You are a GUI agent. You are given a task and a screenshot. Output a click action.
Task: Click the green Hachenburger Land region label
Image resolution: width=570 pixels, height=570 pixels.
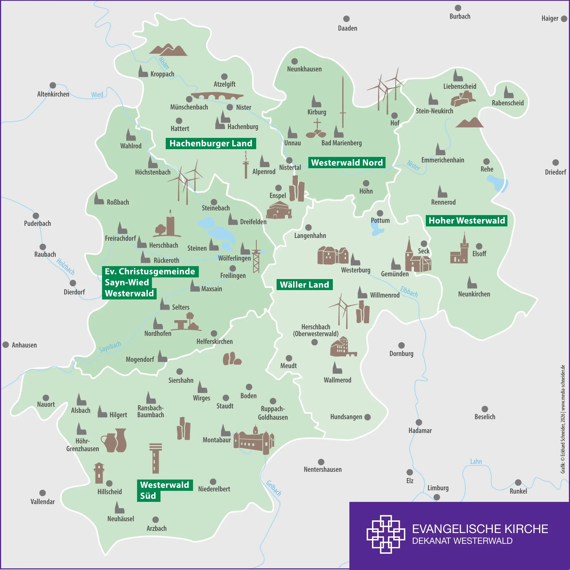[211, 143]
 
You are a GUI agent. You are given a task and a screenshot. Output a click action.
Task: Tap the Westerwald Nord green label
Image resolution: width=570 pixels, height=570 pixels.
[347, 163]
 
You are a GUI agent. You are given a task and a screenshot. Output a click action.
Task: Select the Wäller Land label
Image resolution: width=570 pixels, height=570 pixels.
[304, 285]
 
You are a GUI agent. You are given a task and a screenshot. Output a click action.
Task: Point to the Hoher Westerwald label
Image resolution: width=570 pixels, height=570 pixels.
[466, 221]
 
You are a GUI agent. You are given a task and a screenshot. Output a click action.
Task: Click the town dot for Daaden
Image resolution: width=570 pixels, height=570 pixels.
[346, 19]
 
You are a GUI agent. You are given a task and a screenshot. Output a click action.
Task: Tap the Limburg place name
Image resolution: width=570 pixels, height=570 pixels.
[438, 488]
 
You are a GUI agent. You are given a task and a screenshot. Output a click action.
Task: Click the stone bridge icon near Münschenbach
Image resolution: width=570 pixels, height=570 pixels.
[217, 96]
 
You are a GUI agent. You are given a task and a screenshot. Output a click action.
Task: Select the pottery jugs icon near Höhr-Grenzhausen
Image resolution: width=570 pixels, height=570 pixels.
[114, 440]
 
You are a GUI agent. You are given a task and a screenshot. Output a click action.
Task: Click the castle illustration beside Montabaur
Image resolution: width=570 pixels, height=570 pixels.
[254, 440]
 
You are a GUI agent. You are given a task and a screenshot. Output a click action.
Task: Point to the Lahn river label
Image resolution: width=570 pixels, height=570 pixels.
[476, 462]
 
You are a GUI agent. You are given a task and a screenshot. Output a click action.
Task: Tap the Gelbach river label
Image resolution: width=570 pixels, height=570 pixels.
[274, 488]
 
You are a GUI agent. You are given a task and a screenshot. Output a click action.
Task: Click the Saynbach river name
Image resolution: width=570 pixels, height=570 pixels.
[110, 347]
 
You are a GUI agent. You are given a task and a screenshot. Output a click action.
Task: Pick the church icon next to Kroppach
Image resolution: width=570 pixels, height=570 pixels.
[143, 71]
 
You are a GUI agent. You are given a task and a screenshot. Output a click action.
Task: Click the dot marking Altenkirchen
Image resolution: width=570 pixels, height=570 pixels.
[53, 85]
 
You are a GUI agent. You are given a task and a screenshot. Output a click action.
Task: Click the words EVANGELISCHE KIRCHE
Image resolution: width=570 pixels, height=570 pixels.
[480, 529]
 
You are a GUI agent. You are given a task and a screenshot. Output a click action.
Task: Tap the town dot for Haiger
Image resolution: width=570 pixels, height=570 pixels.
[564, 18]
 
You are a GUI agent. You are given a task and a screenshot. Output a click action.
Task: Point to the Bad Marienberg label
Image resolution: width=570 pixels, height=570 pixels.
[341, 143]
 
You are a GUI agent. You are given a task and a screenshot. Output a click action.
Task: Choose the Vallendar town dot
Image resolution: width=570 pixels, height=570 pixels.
[42, 493]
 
